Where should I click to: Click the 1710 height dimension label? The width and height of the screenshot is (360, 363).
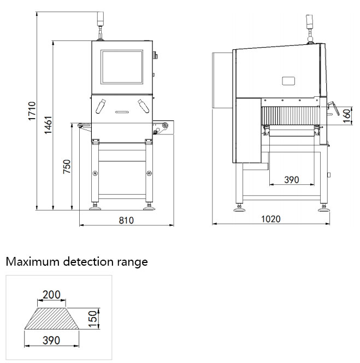pos(31,111)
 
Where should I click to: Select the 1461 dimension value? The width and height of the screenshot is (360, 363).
pos(48,126)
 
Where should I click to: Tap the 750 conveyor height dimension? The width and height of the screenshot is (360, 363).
pos(66,167)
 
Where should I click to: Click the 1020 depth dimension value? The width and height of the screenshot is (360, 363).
pos(270,219)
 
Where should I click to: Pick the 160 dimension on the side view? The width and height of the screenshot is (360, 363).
pos(345,115)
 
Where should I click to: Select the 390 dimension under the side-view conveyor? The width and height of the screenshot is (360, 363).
pos(292,179)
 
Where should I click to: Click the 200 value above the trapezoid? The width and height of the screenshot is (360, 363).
pos(51,295)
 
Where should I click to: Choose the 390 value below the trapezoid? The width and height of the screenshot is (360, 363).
pos(51,340)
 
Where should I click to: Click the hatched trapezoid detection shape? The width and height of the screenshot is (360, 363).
pos(52,318)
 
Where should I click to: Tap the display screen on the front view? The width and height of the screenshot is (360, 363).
pos(122,68)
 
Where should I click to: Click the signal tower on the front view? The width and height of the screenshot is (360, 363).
pos(101,20)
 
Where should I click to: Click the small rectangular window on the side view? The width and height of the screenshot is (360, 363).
pos(288,81)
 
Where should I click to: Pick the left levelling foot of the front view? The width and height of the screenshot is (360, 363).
pos(96,207)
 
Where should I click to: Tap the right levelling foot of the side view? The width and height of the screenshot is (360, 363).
pos(323,207)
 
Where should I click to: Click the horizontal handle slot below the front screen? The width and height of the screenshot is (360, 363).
pos(122,112)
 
